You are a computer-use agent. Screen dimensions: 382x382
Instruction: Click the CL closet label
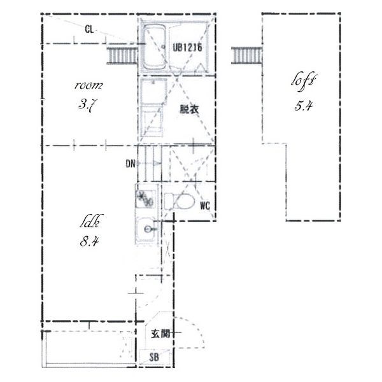click(89, 30)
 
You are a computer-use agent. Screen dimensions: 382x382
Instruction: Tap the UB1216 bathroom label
click(188, 47)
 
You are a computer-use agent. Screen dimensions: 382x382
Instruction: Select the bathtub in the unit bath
click(155, 48)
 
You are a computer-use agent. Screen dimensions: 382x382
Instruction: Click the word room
click(88, 85)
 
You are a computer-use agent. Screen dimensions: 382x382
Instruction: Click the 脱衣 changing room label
click(189, 110)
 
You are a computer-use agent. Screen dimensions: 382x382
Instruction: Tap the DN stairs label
click(131, 164)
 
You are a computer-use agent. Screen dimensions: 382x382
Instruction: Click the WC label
click(205, 206)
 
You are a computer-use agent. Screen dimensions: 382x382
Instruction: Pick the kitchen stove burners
click(145, 197)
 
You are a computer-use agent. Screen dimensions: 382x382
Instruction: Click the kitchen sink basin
click(146, 229)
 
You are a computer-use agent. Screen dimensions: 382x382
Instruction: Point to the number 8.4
click(89, 242)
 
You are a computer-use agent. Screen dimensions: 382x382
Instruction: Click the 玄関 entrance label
click(160, 334)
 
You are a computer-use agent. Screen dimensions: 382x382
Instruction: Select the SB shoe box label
click(154, 357)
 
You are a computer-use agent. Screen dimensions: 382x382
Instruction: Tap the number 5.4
click(303, 106)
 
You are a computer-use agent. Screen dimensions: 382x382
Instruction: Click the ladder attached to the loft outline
click(246, 55)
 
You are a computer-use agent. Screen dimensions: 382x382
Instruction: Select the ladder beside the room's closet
click(122, 55)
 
